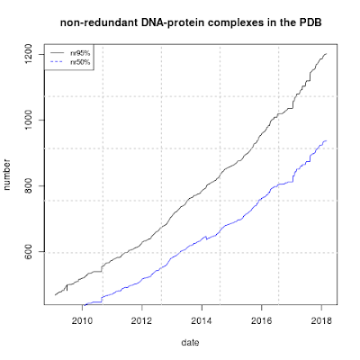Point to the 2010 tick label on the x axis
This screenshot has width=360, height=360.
tap(83, 319)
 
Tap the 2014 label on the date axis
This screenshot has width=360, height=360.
tap(202, 319)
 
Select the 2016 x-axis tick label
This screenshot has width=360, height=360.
tap(262, 319)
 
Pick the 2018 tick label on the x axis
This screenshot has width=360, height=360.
tap(321, 319)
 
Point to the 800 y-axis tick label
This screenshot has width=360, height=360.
tap(31, 186)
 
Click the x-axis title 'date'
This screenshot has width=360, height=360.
tap(190, 344)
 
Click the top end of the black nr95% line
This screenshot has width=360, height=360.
tap(326, 54)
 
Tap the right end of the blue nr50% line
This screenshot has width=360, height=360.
tap(326, 140)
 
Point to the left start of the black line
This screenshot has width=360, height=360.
tap(55, 295)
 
